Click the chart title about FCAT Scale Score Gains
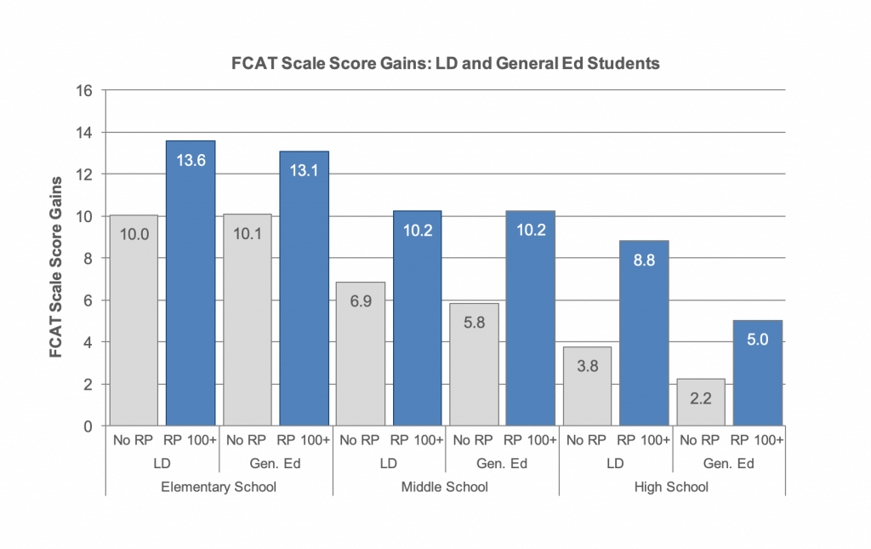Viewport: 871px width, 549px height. click(446, 63)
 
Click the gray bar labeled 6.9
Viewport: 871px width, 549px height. click(361, 353)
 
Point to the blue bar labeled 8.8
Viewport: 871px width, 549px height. click(644, 333)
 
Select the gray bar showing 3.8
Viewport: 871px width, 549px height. click(587, 386)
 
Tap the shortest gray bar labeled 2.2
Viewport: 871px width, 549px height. click(701, 402)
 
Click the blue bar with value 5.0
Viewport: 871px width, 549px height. click(758, 373)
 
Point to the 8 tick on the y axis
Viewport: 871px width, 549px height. click(88, 258)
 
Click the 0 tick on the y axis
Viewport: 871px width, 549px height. click(88, 426)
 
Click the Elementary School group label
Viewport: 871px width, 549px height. click(219, 487)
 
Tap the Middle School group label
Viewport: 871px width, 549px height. click(445, 487)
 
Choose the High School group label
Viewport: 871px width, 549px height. click(672, 487)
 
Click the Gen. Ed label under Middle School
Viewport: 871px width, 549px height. click(502, 464)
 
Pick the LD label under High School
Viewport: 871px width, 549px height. click(615, 464)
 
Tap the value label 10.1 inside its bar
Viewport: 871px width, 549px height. click(247, 234)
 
